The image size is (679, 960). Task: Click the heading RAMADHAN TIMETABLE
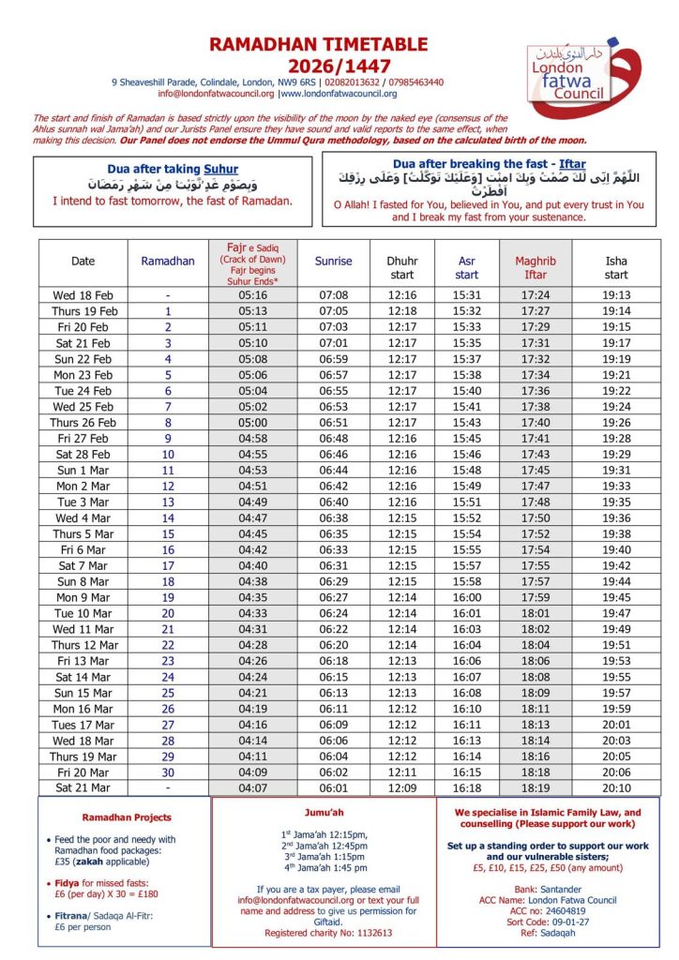pyautogui.click(x=318, y=44)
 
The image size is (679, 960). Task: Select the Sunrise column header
pyautogui.click(x=334, y=262)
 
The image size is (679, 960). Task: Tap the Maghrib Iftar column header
pyautogui.click(x=535, y=267)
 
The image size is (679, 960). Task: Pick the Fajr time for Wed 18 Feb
pyautogui.click(x=253, y=295)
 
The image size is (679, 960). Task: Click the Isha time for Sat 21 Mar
pyautogui.click(x=616, y=788)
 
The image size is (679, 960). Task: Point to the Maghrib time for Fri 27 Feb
pyautogui.click(x=535, y=438)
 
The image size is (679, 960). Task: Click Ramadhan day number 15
pyautogui.click(x=168, y=534)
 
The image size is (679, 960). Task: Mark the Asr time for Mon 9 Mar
pyautogui.click(x=466, y=597)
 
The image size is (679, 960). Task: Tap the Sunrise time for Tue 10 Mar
pyautogui.click(x=334, y=613)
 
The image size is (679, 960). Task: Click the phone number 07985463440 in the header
pyautogui.click(x=412, y=82)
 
